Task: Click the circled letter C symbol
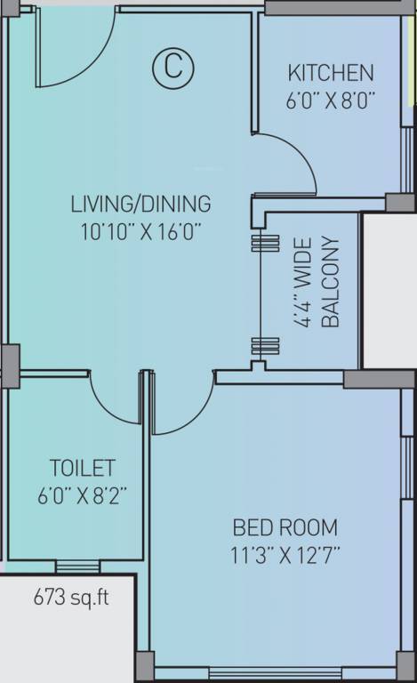coord(173,68)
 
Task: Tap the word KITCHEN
coord(331,73)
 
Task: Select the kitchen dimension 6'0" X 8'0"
coord(331,101)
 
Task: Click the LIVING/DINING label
coord(141,204)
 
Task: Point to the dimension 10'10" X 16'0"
coord(141,231)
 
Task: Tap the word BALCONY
coord(330,282)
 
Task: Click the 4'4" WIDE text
coord(303,282)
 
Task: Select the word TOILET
coord(83,468)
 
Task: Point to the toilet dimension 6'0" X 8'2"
coord(83,495)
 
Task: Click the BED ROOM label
coord(285,527)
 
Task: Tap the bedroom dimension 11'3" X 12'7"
coord(285,555)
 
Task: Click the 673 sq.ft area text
coord(71,597)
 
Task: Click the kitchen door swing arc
coord(298,152)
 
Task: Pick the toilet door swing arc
coord(108,406)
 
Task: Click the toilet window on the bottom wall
coord(77,566)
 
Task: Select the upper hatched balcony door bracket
coord(265,243)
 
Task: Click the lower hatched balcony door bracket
coord(265,346)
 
